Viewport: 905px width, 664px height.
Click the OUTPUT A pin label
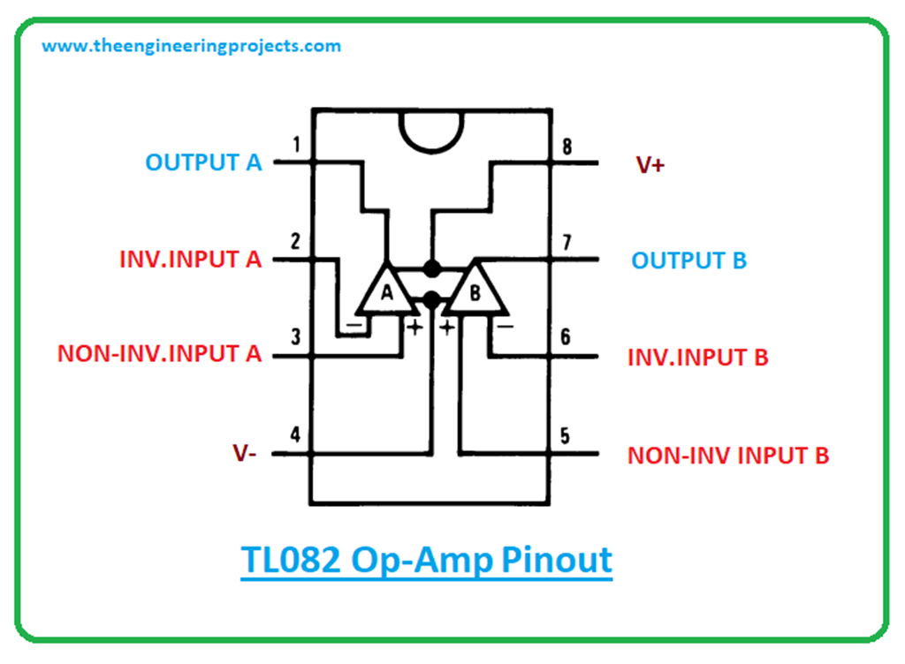(203, 163)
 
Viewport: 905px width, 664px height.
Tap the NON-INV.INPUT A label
(160, 355)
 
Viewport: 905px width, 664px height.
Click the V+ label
(650, 165)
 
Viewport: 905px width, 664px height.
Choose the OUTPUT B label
(688, 261)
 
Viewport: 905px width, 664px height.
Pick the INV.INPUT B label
(697, 358)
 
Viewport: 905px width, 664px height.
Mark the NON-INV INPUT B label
(728, 456)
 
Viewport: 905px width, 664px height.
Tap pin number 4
(296, 435)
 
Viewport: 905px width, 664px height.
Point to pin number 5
(567, 436)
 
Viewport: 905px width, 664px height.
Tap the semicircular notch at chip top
(430, 128)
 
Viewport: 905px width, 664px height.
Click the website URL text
(192, 46)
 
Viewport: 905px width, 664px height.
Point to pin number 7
(567, 242)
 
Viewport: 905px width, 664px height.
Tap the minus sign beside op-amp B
(505, 327)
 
